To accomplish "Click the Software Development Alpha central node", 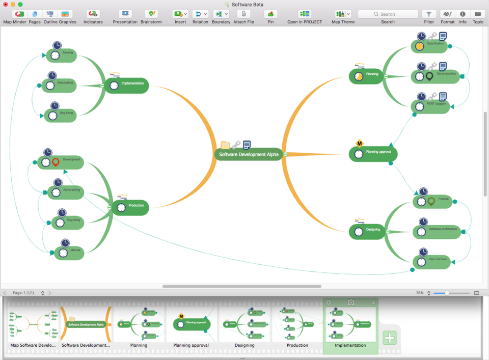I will point(249,154).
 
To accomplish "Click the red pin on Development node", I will point(56,162).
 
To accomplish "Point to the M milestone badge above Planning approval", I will point(359,143).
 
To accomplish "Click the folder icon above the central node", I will point(225,145).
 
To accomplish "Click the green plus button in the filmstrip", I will point(390,338).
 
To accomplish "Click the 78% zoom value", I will point(420,293).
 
